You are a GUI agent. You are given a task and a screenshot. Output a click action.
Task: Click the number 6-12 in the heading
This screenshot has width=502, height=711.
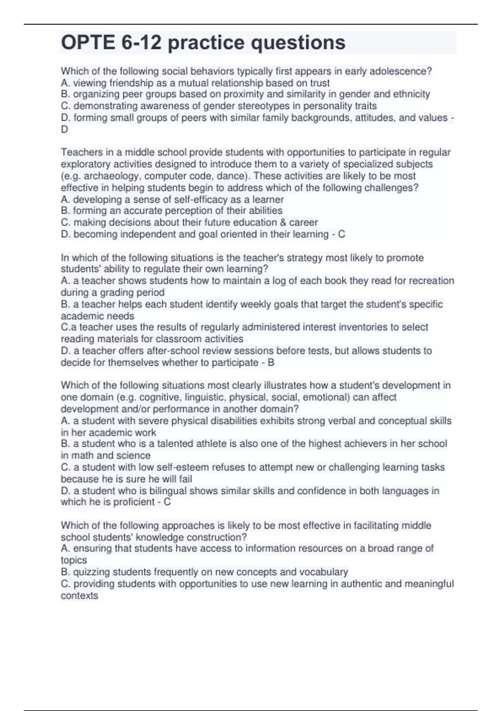pyautogui.click(x=141, y=43)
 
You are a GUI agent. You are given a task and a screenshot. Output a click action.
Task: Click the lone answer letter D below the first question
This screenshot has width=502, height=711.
pyautogui.click(x=64, y=129)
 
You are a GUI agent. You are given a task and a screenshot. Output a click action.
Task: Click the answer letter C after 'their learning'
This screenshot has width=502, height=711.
pyautogui.click(x=341, y=234)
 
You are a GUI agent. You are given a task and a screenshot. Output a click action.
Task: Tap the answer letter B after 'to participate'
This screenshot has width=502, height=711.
pyautogui.click(x=271, y=362)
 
